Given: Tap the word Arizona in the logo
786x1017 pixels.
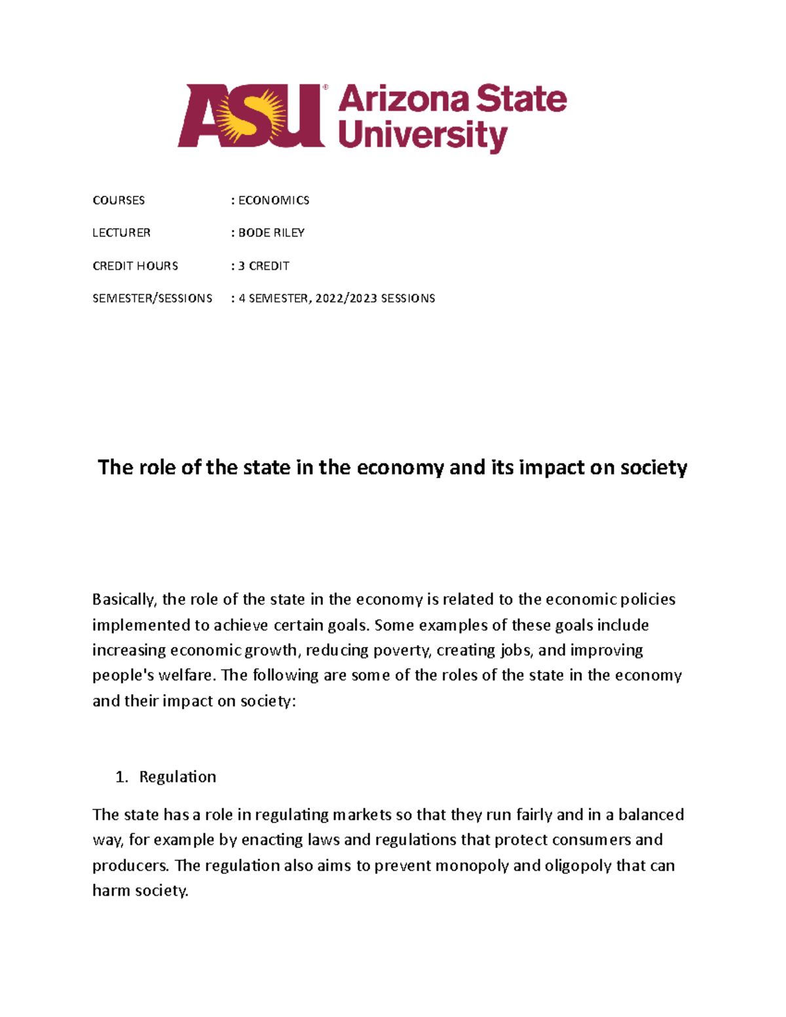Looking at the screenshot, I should (403, 100).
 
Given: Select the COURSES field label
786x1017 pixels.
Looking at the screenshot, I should (119, 200).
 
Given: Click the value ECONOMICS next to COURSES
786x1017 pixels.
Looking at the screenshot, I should (274, 200).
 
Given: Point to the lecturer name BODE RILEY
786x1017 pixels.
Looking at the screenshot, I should (271, 233).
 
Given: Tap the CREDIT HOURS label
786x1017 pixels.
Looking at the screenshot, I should (135, 266).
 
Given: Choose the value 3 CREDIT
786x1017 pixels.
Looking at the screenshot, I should (263, 266).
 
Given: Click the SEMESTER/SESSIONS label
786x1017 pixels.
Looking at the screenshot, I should (152, 299).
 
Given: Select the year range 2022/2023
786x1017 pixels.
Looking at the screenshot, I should (346, 299).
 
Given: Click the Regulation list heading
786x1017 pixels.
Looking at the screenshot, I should (178, 777).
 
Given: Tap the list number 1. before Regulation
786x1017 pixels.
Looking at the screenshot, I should (121, 777).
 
